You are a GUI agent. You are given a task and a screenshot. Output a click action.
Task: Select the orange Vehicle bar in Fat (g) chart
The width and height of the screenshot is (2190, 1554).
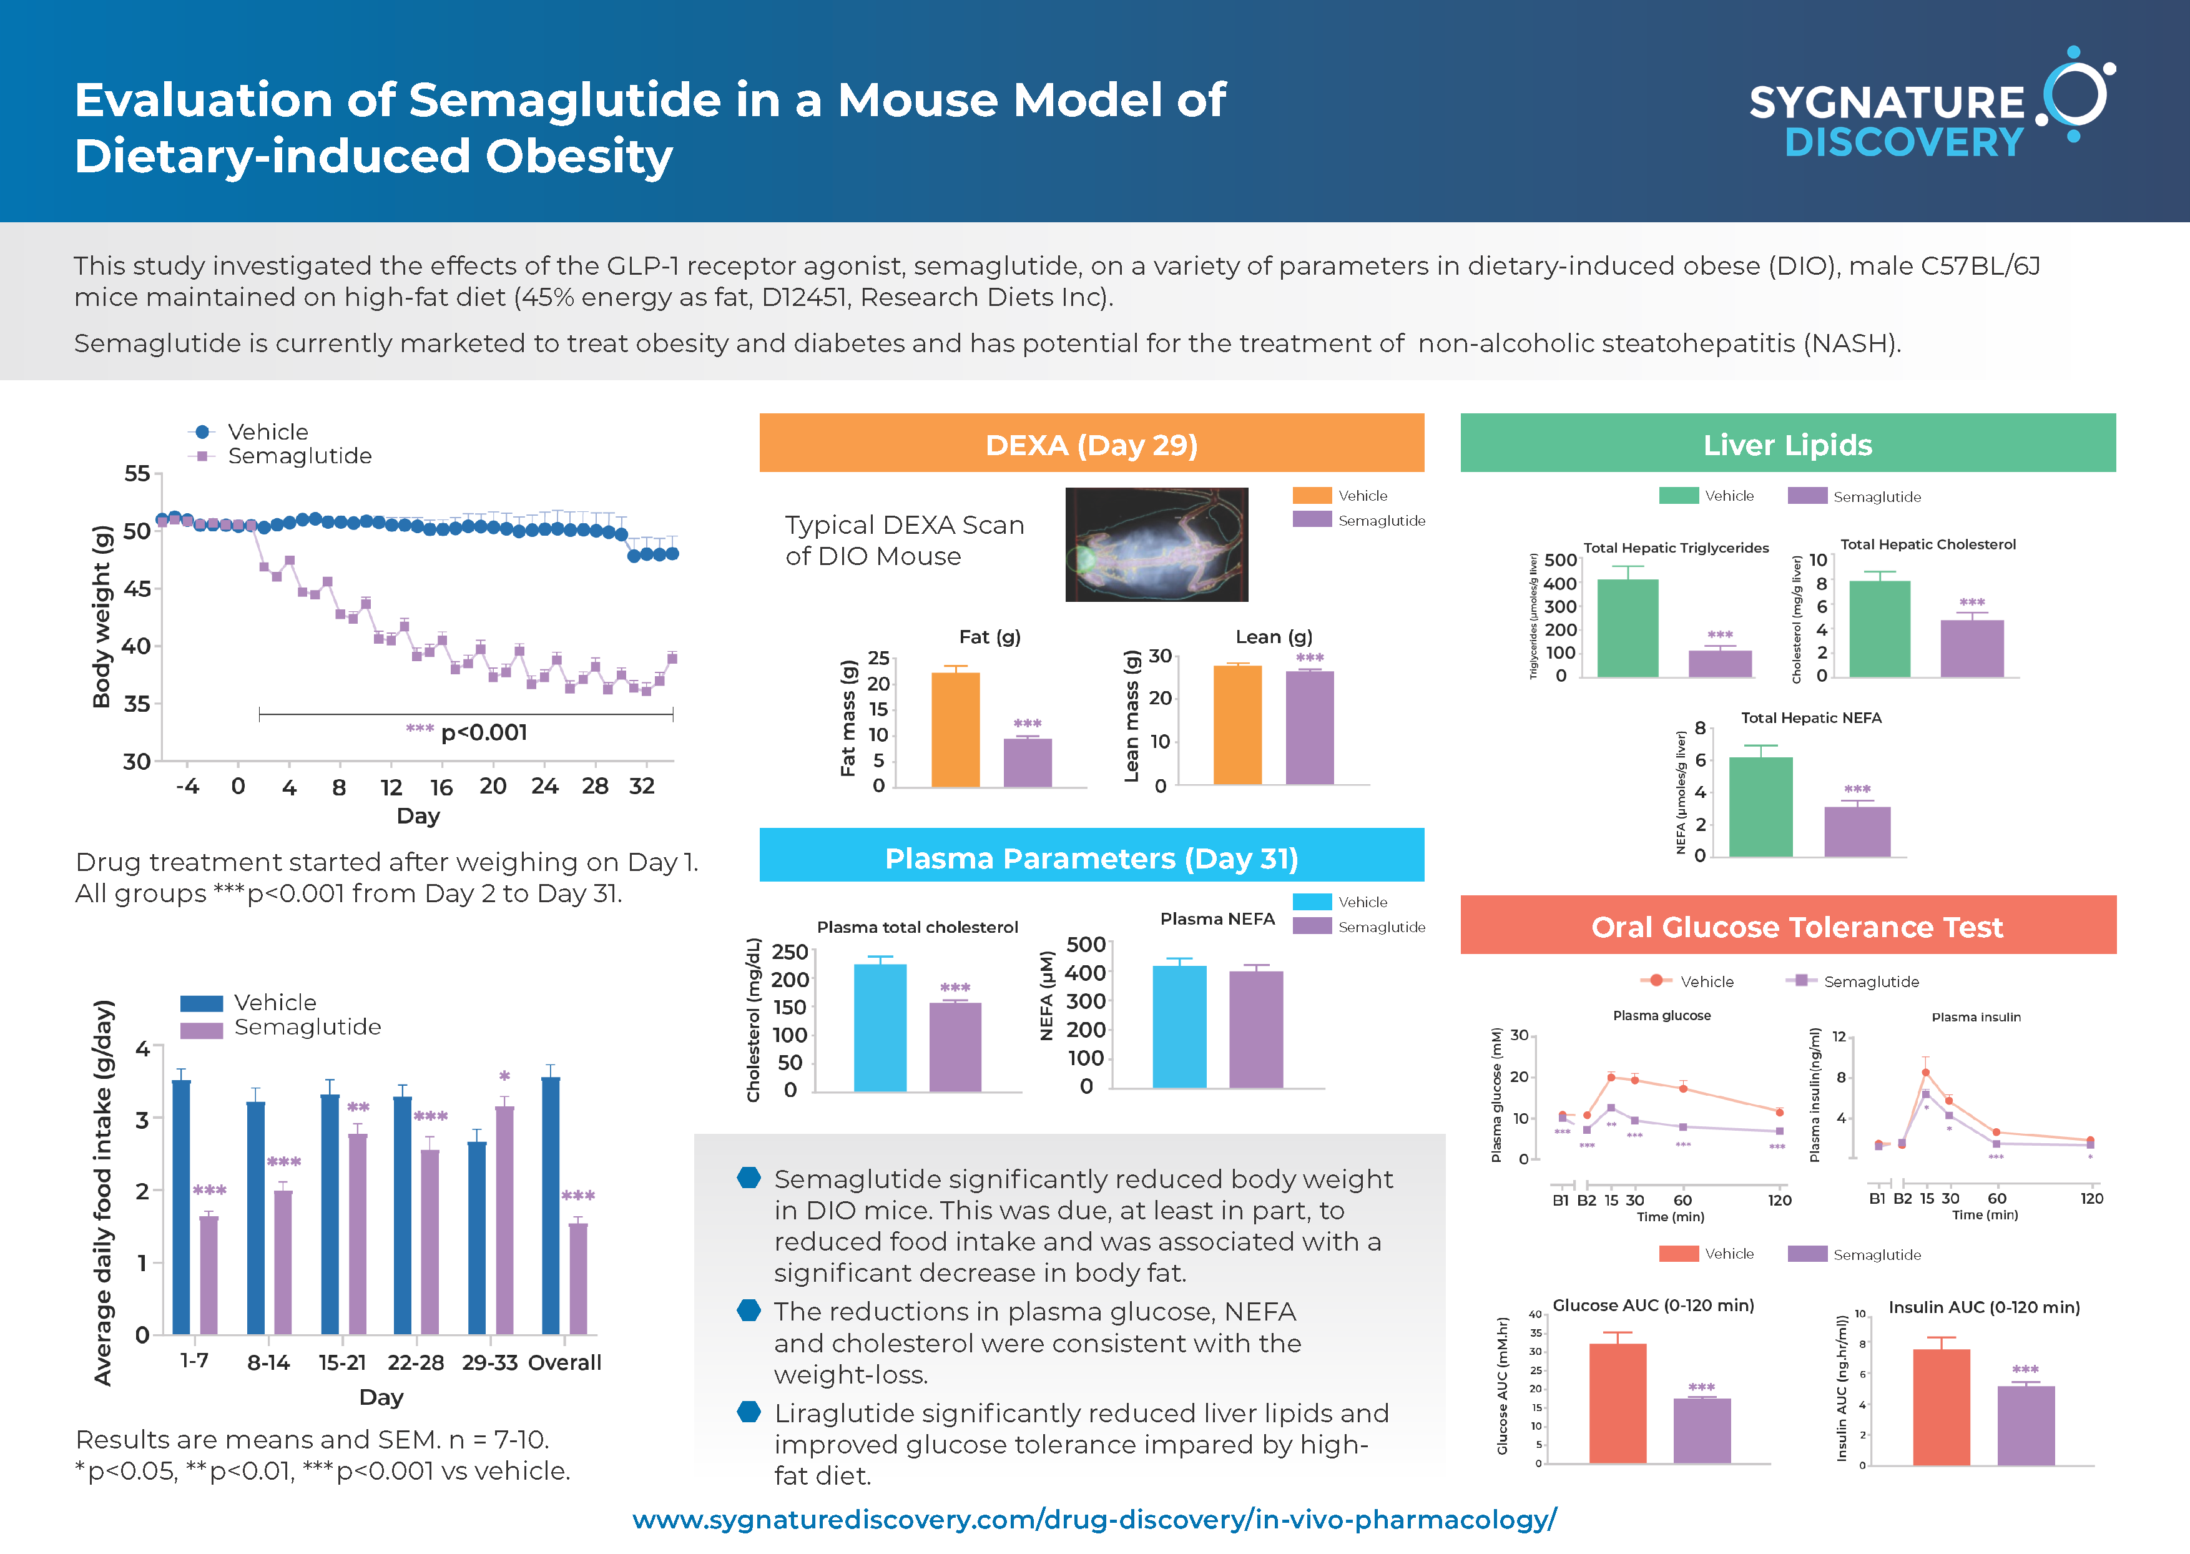click(x=955, y=729)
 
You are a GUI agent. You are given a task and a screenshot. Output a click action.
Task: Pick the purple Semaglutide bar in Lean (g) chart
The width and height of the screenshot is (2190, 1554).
click(x=1309, y=727)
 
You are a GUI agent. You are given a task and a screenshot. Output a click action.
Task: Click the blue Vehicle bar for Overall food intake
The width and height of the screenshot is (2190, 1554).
click(x=550, y=1206)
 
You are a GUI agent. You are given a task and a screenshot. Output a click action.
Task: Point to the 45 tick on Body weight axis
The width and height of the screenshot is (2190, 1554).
click(x=138, y=589)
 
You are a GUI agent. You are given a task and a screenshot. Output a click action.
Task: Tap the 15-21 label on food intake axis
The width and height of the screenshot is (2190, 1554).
click(x=341, y=1362)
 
